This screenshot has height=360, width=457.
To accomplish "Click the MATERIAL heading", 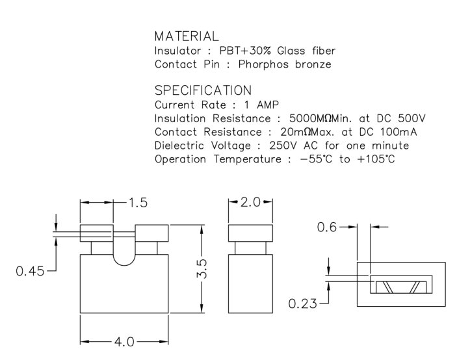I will [x=187, y=36].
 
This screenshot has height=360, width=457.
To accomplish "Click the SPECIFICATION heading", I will [x=203, y=90].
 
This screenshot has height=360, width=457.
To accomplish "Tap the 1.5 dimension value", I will [x=137, y=203].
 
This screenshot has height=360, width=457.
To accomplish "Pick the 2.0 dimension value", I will [x=250, y=203].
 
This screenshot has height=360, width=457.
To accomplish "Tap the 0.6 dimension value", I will [x=327, y=227].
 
